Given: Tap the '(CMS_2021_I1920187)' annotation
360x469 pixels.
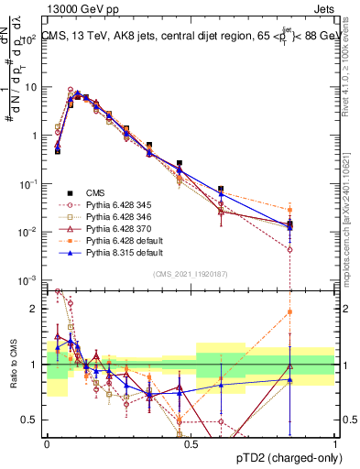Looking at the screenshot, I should coord(191,273).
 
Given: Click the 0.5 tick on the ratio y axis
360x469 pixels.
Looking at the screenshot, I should coord(33,420).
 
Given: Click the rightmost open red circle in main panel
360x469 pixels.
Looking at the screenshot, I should coord(289,249).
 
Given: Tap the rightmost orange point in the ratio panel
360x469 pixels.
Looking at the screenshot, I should coord(289,311).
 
